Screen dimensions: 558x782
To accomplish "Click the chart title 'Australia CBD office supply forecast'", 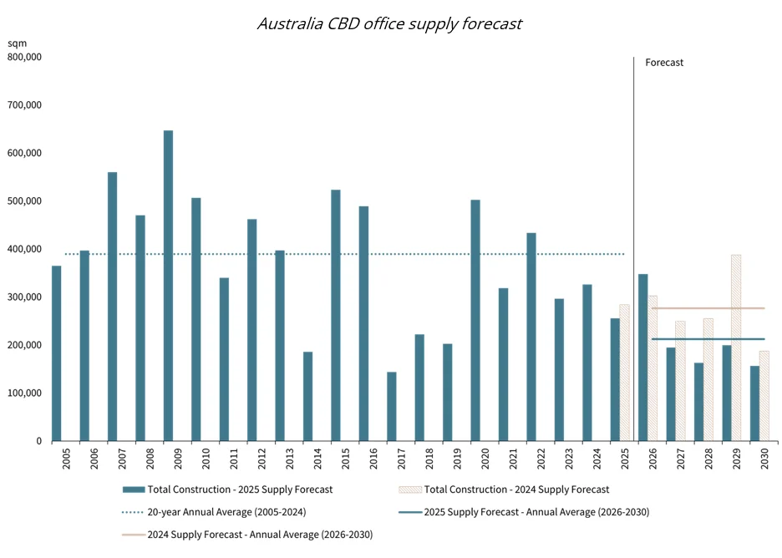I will tap(389, 23).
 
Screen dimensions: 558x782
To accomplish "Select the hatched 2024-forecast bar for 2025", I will tap(624, 373).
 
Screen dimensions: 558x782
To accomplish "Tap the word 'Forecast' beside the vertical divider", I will tap(664, 63).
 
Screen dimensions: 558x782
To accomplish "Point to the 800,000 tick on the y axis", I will tap(25, 57).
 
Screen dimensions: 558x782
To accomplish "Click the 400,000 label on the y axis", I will tap(25, 249).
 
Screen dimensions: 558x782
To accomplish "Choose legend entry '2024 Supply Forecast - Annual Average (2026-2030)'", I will tap(260, 535).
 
